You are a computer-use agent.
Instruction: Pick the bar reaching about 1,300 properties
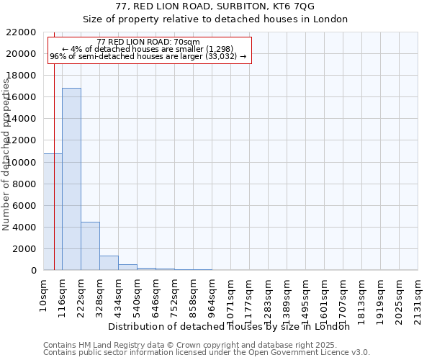[x=109, y=263]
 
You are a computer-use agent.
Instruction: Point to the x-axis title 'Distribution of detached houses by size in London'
[x=233, y=326]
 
